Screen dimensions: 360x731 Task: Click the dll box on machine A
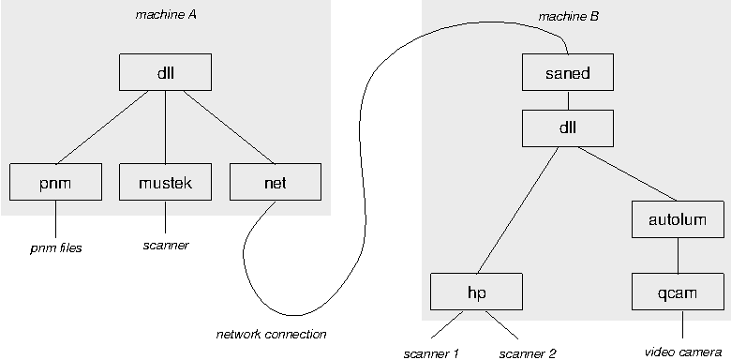pyautogui.click(x=166, y=71)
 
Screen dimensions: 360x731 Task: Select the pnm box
pyautogui.click(x=55, y=183)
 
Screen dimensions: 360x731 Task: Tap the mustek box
pyautogui.click(x=166, y=183)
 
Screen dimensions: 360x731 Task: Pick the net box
pyautogui.click(x=276, y=183)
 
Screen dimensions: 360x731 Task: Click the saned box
pyautogui.click(x=567, y=72)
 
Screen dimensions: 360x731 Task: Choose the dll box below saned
pyautogui.click(x=567, y=127)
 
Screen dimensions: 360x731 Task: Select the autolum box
pyautogui.click(x=678, y=220)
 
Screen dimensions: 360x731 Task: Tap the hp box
pyautogui.click(x=476, y=292)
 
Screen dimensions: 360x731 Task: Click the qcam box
pyautogui.click(x=678, y=292)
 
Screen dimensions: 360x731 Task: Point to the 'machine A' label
pyautogui.click(x=166, y=16)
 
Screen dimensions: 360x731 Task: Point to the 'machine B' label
pyautogui.click(x=568, y=17)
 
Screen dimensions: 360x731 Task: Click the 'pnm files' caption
pyautogui.click(x=54, y=248)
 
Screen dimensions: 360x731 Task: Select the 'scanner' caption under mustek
pyautogui.click(x=166, y=246)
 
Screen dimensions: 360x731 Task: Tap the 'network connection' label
pyautogui.click(x=271, y=334)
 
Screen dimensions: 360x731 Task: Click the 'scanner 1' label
pyautogui.click(x=431, y=353)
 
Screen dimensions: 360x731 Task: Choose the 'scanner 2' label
pyautogui.click(x=528, y=353)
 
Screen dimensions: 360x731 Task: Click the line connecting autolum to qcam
pyautogui.click(x=678, y=256)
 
